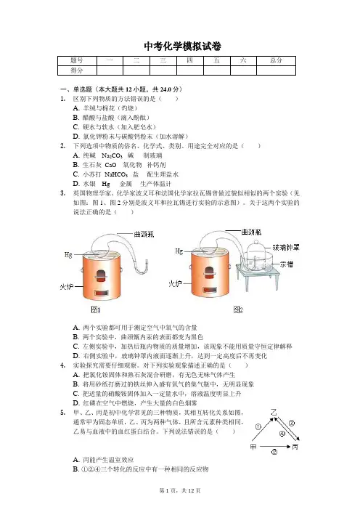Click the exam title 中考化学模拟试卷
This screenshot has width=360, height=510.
(x=183, y=46)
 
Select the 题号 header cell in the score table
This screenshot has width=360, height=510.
(x=78, y=60)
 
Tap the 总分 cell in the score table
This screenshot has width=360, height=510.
(x=277, y=60)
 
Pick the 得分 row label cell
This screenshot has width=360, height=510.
(x=78, y=70)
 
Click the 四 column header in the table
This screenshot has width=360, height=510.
(x=190, y=60)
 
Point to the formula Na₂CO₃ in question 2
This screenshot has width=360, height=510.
(x=112, y=155)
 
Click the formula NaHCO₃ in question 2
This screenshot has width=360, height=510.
(x=116, y=174)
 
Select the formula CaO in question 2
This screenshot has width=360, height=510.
(x=110, y=165)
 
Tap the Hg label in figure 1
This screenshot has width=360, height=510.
(x=68, y=255)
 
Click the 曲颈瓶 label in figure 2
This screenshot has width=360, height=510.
(x=251, y=232)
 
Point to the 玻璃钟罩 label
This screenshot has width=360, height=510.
(x=286, y=248)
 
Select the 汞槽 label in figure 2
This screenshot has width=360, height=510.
(x=287, y=264)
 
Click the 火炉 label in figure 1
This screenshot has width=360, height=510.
(x=66, y=286)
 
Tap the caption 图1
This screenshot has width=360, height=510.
(x=96, y=310)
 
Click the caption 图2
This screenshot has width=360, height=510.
(x=238, y=309)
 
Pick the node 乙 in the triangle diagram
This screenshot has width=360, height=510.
(x=274, y=413)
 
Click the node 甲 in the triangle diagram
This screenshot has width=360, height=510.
(x=253, y=447)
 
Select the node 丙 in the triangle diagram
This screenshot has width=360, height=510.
(x=295, y=447)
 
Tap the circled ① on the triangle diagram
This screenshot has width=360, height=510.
(x=258, y=426)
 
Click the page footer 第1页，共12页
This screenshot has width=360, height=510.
(x=180, y=490)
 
